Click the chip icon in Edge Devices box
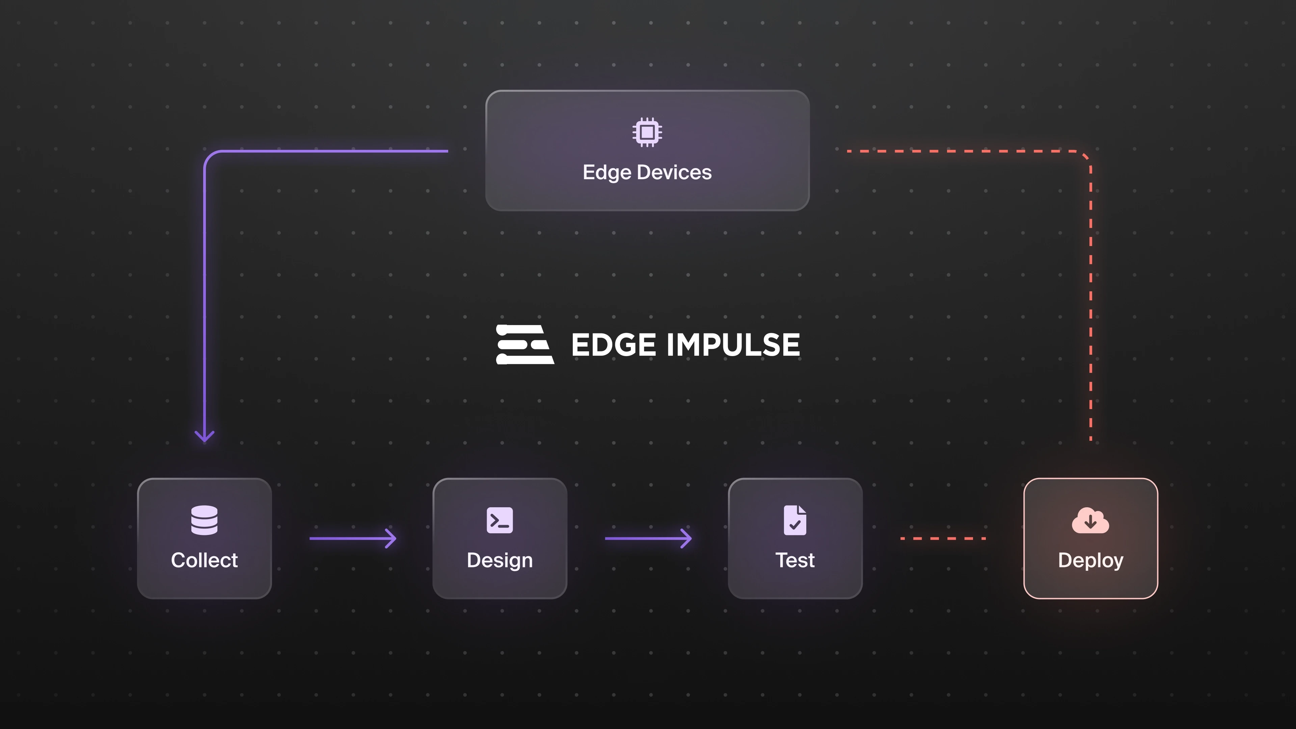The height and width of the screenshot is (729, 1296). [x=647, y=132]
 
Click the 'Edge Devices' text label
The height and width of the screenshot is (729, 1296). [x=647, y=172]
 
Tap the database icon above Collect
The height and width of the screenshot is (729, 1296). [x=204, y=520]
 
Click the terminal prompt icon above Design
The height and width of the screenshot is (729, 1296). [x=500, y=520]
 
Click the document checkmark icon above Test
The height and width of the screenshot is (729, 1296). [x=795, y=520]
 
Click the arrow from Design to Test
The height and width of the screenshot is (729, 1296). [x=648, y=538]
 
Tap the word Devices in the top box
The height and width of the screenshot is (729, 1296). [x=674, y=172]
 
